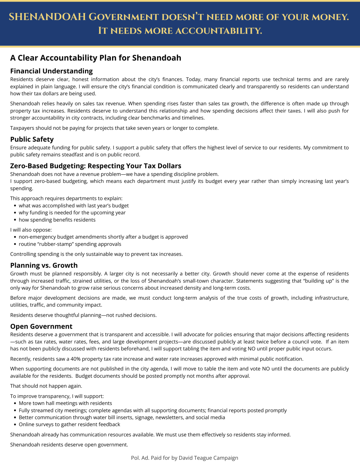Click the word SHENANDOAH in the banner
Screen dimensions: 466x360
[x=47, y=17]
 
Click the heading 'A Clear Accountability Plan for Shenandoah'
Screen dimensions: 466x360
[x=96, y=58]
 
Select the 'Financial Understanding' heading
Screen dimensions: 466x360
[x=51, y=71]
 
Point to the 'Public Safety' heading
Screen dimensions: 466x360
[x=32, y=139]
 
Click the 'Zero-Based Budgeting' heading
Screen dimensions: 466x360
[x=96, y=166]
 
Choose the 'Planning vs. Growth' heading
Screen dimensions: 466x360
[x=44, y=265]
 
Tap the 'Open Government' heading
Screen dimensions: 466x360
[x=41, y=326]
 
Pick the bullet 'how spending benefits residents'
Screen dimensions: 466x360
[x=57, y=220]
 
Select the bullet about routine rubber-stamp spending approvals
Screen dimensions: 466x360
[x=70, y=244]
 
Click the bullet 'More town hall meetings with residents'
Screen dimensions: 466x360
[x=65, y=403]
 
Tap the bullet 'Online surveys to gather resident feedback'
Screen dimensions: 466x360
[x=69, y=424]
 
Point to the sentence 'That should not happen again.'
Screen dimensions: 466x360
[x=46, y=386]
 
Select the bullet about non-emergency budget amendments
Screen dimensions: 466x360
[x=103, y=237]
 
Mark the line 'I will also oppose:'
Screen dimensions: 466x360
[x=31, y=230]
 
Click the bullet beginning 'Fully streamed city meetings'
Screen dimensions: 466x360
[x=152, y=411]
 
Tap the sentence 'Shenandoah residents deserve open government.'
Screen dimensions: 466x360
[x=69, y=445]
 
